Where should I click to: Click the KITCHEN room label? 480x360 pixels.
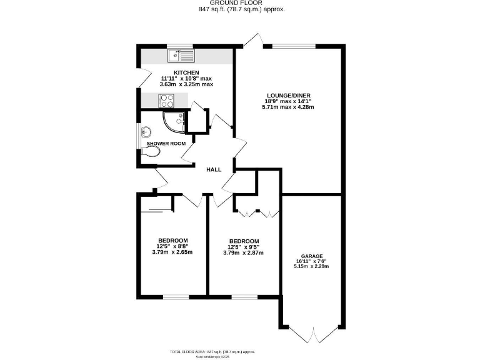pyautogui.click(x=186, y=72)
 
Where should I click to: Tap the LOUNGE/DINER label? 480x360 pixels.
pyautogui.click(x=287, y=96)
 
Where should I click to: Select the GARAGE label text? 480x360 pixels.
pyautogui.click(x=311, y=256)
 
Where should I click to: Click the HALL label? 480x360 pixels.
pyautogui.click(x=214, y=169)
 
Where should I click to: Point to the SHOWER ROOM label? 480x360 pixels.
pyautogui.click(x=166, y=144)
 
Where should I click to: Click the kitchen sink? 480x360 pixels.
pyautogui.click(x=181, y=56)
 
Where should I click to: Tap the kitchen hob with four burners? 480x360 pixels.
pyautogui.click(x=166, y=99)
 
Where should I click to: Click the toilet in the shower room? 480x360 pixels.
pyautogui.click(x=153, y=151)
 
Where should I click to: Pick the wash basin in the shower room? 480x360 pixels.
pyautogui.click(x=146, y=132)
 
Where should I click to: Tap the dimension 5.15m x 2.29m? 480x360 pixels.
pyautogui.click(x=311, y=267)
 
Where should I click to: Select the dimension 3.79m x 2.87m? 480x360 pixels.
pyautogui.click(x=243, y=253)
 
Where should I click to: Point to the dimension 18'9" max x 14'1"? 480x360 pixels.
pyautogui.click(x=287, y=101)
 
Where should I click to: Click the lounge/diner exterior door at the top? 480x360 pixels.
pyautogui.click(x=252, y=41)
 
